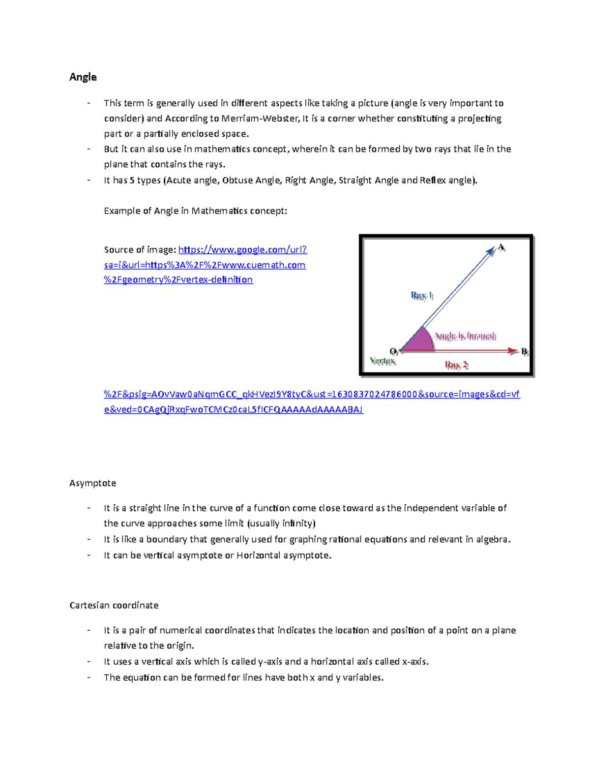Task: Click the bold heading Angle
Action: click(83, 77)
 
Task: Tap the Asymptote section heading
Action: click(92, 483)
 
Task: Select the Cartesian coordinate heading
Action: click(114, 605)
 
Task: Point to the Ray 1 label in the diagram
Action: click(421, 296)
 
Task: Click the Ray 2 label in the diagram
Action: click(456, 365)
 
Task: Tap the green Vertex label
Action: click(383, 361)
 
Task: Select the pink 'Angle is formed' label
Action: click(465, 336)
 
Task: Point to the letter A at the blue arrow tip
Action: click(501, 247)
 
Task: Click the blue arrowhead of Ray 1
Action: click(490, 251)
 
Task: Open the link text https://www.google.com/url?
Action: click(242, 250)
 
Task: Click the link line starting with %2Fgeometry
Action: click(178, 280)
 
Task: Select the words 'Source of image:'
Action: click(140, 250)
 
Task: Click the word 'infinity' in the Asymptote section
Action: click(296, 523)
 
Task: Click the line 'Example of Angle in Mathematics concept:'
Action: click(195, 211)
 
